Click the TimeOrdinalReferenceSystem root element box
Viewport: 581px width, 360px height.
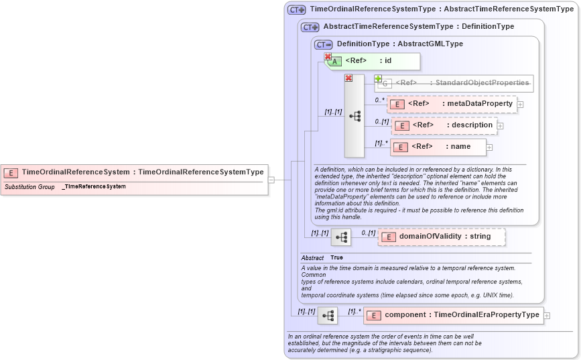pyautogui.click(x=134, y=172)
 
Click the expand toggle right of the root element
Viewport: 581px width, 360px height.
pyautogui.click(x=271, y=180)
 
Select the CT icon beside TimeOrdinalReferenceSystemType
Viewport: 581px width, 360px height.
pyautogui.click(x=296, y=10)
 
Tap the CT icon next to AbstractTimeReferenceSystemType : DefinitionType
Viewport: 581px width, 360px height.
pyautogui.click(x=310, y=27)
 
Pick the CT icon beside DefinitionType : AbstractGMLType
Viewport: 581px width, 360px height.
pyautogui.click(x=323, y=44)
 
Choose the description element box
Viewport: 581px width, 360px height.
pyautogui.click(x=444, y=125)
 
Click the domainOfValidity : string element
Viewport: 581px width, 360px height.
pyautogui.click(x=442, y=237)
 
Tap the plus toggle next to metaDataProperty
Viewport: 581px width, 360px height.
pyautogui.click(x=520, y=105)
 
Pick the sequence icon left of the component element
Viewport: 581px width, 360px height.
pyautogui.click(x=328, y=315)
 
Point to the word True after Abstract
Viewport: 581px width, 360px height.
pyautogui.click(x=336, y=257)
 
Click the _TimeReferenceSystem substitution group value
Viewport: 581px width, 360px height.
pyautogui.click(x=94, y=186)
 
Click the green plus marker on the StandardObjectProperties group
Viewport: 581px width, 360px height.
pyautogui.click(x=378, y=78)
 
